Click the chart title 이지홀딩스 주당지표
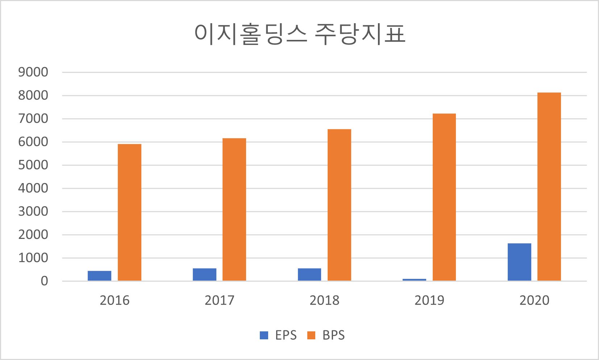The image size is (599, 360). pyautogui.click(x=300, y=34)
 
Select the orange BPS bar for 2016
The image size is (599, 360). pyautogui.click(x=129, y=212)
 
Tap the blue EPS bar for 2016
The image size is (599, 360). pyautogui.click(x=100, y=276)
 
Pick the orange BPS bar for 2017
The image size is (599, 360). pyautogui.click(x=234, y=210)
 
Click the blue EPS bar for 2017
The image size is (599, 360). pyautogui.click(x=205, y=274)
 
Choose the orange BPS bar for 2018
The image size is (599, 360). pyautogui.click(x=339, y=205)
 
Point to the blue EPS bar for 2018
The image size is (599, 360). pyautogui.click(x=309, y=274)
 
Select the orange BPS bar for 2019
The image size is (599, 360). pyautogui.click(x=444, y=197)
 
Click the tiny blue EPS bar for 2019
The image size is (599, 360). pyautogui.click(x=415, y=280)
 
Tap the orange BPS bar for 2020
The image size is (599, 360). pyautogui.click(x=549, y=187)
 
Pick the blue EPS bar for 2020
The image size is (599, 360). pyautogui.click(x=519, y=262)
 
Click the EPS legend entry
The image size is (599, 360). pyautogui.click(x=278, y=335)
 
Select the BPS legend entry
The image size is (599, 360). pyautogui.click(x=326, y=335)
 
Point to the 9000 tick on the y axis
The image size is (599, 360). pyautogui.click(x=33, y=72)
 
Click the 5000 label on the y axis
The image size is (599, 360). pyautogui.click(x=33, y=165)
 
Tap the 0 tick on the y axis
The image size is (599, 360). pyautogui.click(x=44, y=281)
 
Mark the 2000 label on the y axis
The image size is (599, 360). pyautogui.click(x=33, y=235)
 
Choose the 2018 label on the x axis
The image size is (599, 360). pyautogui.click(x=325, y=300)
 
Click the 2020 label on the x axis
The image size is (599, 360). pyautogui.click(x=534, y=300)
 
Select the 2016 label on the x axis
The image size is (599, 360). pyautogui.click(x=115, y=300)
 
